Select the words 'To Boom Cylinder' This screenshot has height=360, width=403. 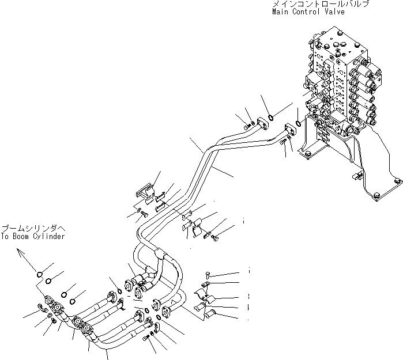coord(32,236)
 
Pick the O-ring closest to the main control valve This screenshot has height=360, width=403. coord(299,123)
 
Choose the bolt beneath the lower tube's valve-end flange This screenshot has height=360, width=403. coord(284,144)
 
